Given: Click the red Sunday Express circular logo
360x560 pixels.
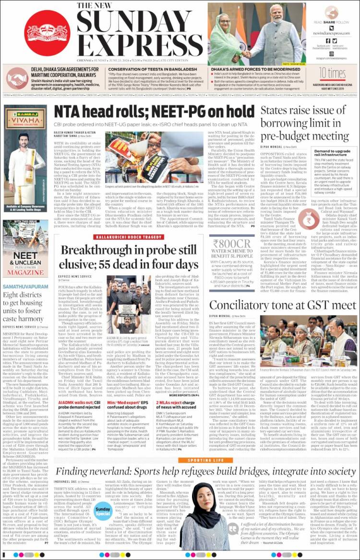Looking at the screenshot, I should [x=47, y=33].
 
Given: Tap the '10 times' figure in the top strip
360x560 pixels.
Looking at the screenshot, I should [x=332, y=73].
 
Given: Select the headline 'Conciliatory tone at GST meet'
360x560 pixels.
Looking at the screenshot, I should [x=283, y=305].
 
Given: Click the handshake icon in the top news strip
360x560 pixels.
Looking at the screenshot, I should [x=16, y=77].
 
